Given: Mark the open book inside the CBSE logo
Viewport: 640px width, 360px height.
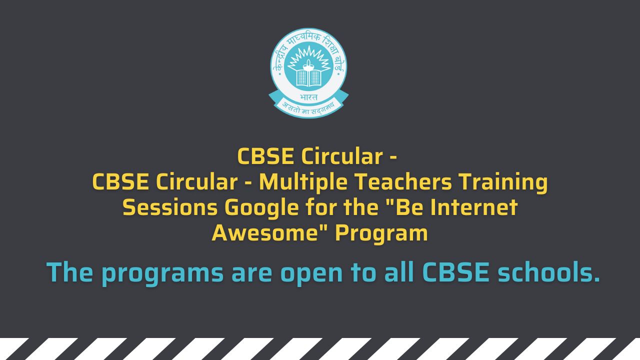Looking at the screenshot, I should [x=308, y=77].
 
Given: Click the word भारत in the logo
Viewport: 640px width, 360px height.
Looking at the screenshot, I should [x=308, y=96].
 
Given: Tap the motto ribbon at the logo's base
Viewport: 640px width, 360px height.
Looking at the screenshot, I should [x=308, y=105].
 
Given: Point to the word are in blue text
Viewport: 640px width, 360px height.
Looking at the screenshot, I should [x=251, y=273].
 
